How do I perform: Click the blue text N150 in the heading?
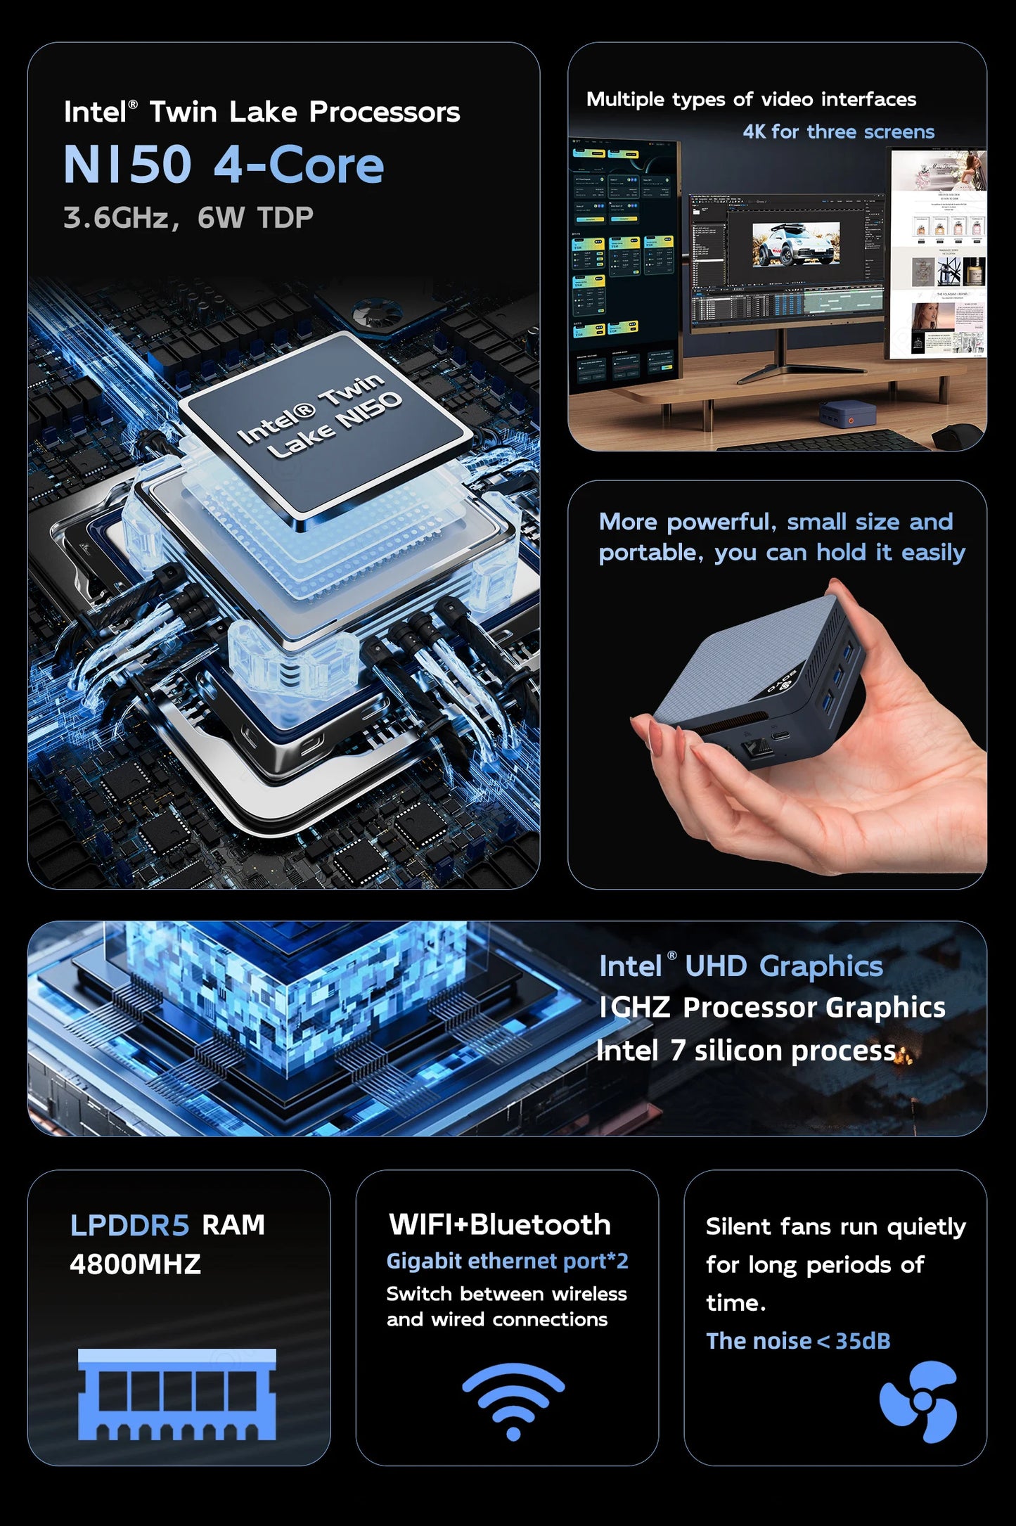[127, 165]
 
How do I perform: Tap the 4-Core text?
[299, 165]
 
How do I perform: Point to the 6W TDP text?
[255, 218]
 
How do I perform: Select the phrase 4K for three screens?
[838, 132]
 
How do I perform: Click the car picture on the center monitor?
[795, 243]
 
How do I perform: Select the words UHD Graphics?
[783, 966]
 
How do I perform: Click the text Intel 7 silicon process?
[746, 1051]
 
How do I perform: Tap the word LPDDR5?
[129, 1225]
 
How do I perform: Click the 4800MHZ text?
[135, 1264]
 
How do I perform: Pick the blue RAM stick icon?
[176, 1394]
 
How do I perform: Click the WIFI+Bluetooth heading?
[499, 1224]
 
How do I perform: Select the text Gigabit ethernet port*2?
[507, 1261]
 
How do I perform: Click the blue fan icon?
[918, 1402]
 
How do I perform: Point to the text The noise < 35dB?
[798, 1341]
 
